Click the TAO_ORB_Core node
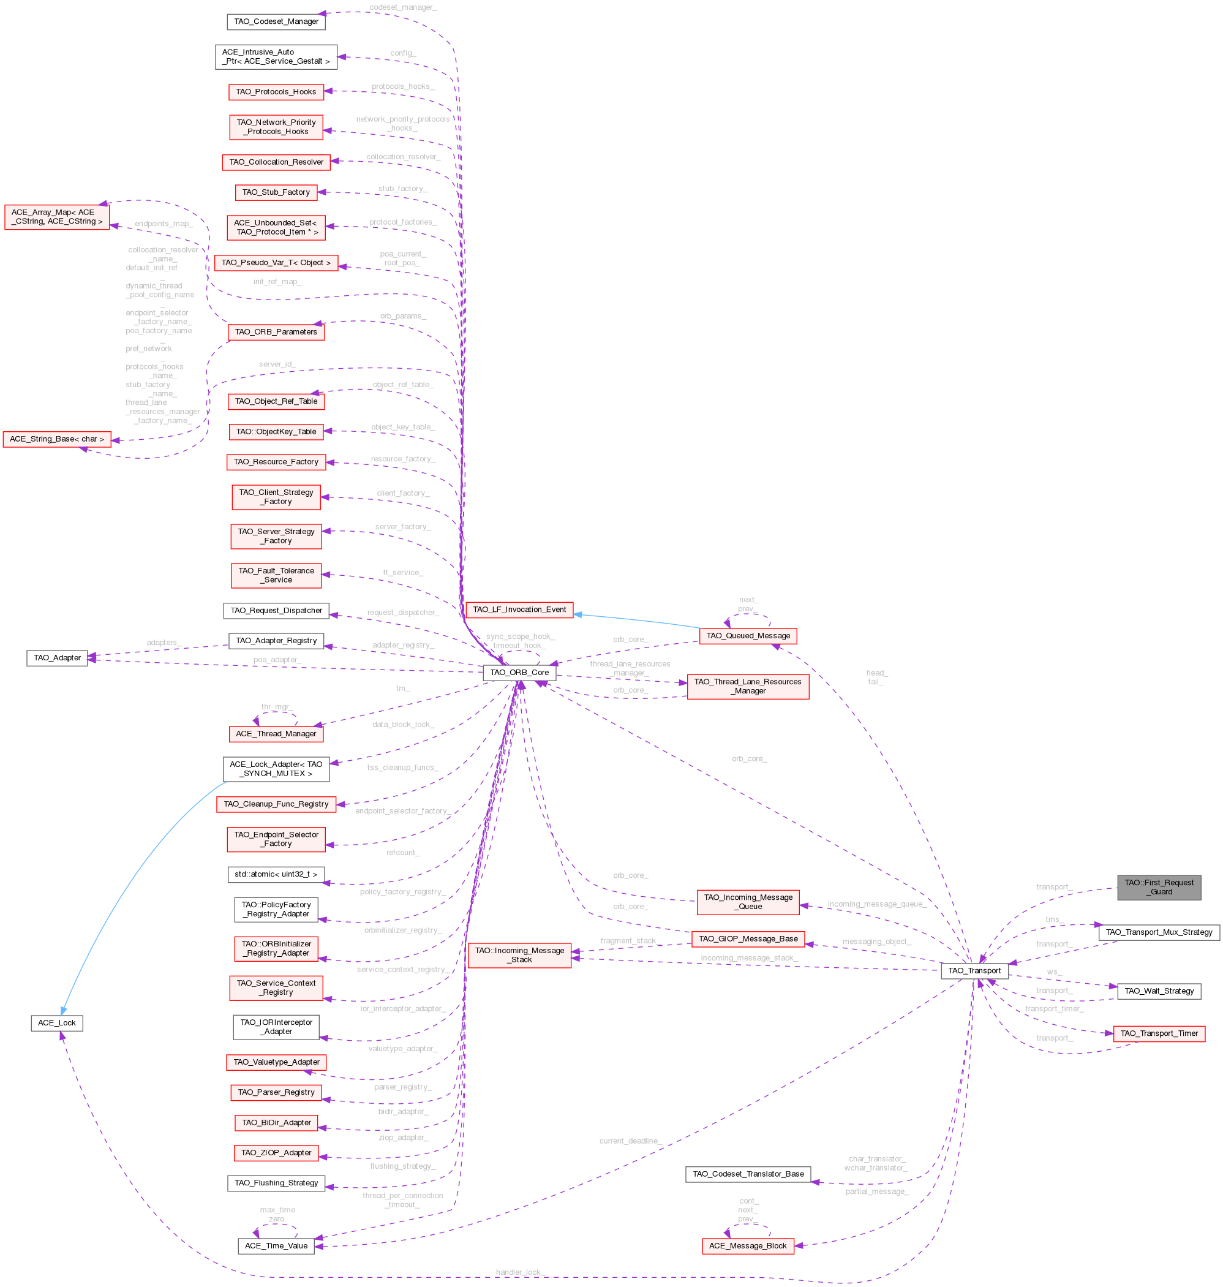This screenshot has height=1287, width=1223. click(519, 672)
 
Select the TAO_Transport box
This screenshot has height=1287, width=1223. click(974, 971)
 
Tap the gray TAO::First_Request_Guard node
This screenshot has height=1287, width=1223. click(1159, 888)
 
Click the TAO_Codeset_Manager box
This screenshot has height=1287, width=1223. click(276, 21)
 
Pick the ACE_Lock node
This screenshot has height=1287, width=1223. click(57, 1023)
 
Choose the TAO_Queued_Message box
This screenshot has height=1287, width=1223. click(748, 636)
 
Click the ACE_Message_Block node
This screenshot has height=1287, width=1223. click(747, 1246)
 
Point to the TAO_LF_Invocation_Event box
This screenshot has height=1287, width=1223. click(519, 610)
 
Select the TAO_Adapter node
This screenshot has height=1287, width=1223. click(58, 658)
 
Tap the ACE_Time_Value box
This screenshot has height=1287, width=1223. click(276, 1246)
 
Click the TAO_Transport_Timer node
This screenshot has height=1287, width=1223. click(1159, 1033)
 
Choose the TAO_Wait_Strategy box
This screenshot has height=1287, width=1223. click(1159, 991)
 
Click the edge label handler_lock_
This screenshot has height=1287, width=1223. click(519, 1272)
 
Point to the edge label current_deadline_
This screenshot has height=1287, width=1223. click(630, 1141)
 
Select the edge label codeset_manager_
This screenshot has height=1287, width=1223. click(402, 7)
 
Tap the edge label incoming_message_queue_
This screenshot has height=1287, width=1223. click(876, 904)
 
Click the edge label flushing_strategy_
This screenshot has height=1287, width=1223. click(402, 1166)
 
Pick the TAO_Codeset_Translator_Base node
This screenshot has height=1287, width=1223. click(748, 1174)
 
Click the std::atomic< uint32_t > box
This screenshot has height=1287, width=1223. click(276, 874)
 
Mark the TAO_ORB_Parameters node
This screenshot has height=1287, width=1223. click(276, 332)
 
